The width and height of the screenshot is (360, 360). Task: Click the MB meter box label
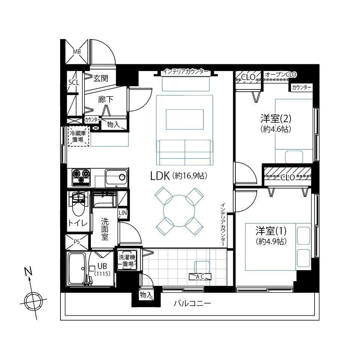point(77,52)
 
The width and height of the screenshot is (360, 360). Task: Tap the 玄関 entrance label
point(101,79)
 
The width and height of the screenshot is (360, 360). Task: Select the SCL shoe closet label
point(74,82)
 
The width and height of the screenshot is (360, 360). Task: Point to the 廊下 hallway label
point(105,100)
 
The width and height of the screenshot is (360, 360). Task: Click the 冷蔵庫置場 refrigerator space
point(78,136)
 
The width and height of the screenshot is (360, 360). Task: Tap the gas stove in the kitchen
point(81,177)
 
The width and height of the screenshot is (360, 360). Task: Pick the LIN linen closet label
point(123,213)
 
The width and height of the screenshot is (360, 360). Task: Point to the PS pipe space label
point(77,242)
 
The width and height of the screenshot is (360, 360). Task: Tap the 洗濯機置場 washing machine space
point(127,260)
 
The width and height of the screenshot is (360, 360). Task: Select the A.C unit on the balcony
point(200,277)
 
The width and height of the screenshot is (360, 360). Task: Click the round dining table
point(179,211)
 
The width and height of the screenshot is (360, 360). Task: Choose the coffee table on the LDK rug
point(185,119)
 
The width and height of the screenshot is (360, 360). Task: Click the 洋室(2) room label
point(276,119)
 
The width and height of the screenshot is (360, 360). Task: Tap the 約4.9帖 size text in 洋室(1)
point(271,241)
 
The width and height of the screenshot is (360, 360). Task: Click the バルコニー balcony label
point(192,304)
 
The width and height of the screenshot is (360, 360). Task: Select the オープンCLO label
point(281,74)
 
